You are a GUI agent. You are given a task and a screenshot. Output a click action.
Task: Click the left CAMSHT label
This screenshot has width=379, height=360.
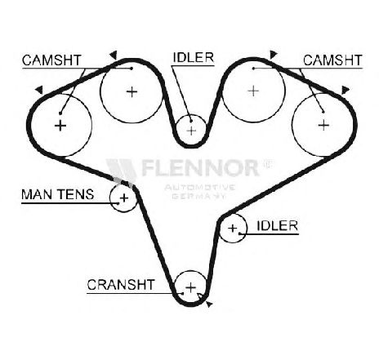click(x=51, y=60)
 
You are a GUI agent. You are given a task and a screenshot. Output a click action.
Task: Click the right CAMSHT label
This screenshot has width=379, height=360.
click(x=332, y=60)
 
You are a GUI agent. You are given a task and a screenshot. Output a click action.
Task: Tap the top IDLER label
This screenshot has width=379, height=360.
click(x=194, y=57)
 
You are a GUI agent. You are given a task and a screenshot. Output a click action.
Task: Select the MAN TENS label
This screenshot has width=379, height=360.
click(x=58, y=194)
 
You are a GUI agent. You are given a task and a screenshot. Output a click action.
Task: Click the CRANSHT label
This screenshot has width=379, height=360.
click(x=121, y=285)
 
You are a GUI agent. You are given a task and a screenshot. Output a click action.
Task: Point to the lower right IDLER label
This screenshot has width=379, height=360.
click(x=278, y=225)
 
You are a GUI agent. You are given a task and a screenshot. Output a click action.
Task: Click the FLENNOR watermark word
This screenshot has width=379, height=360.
click(x=199, y=167)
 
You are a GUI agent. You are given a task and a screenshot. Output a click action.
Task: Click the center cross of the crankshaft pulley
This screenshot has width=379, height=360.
click(x=191, y=287)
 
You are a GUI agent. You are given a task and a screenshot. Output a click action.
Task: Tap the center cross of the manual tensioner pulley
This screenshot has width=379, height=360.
click(x=124, y=198)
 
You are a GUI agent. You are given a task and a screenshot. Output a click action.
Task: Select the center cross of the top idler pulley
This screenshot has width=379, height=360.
click(x=192, y=131)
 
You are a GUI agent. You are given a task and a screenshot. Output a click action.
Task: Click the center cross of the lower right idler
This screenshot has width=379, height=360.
click(x=233, y=228)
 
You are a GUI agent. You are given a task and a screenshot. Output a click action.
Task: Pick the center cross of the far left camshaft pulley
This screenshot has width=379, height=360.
click(x=60, y=126)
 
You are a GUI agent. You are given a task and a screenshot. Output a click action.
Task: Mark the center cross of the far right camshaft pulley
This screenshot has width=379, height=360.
click(x=323, y=125)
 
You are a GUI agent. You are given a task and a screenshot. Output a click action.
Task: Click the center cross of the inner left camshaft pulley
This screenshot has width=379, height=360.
click(x=132, y=92)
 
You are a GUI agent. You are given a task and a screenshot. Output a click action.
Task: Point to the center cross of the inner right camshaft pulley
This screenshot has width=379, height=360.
click(x=253, y=91)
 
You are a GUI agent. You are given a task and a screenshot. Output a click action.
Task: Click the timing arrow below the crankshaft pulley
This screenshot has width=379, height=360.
click(x=209, y=304)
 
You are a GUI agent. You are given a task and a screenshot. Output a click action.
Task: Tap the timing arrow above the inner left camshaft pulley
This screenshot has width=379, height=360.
click(x=114, y=55)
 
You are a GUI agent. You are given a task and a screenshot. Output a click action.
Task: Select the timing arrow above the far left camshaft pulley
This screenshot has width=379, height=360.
click(x=40, y=90)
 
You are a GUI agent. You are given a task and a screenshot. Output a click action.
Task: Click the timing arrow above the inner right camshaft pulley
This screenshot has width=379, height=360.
click(x=273, y=55)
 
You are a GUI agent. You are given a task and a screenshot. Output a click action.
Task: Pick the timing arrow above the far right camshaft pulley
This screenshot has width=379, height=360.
click(x=346, y=91)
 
